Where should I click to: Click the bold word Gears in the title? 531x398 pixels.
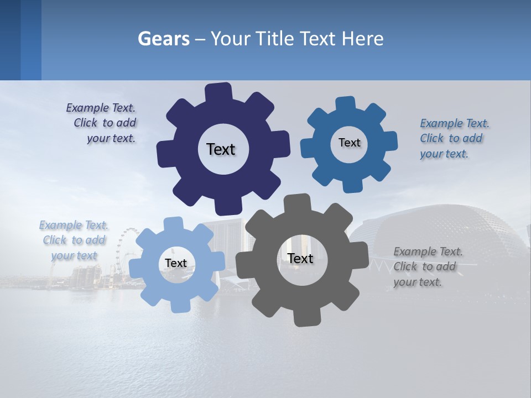164,39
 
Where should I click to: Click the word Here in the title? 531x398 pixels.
362,39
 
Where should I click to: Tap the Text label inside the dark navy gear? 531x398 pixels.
221,149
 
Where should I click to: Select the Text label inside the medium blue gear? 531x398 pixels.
349,143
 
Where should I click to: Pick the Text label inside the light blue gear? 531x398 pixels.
176,263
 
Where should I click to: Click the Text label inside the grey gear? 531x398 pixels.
300,258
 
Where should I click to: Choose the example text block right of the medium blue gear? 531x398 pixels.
454,138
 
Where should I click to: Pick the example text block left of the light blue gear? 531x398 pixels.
74,240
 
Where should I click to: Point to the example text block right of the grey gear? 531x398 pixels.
427,266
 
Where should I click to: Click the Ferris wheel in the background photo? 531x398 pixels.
127,249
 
